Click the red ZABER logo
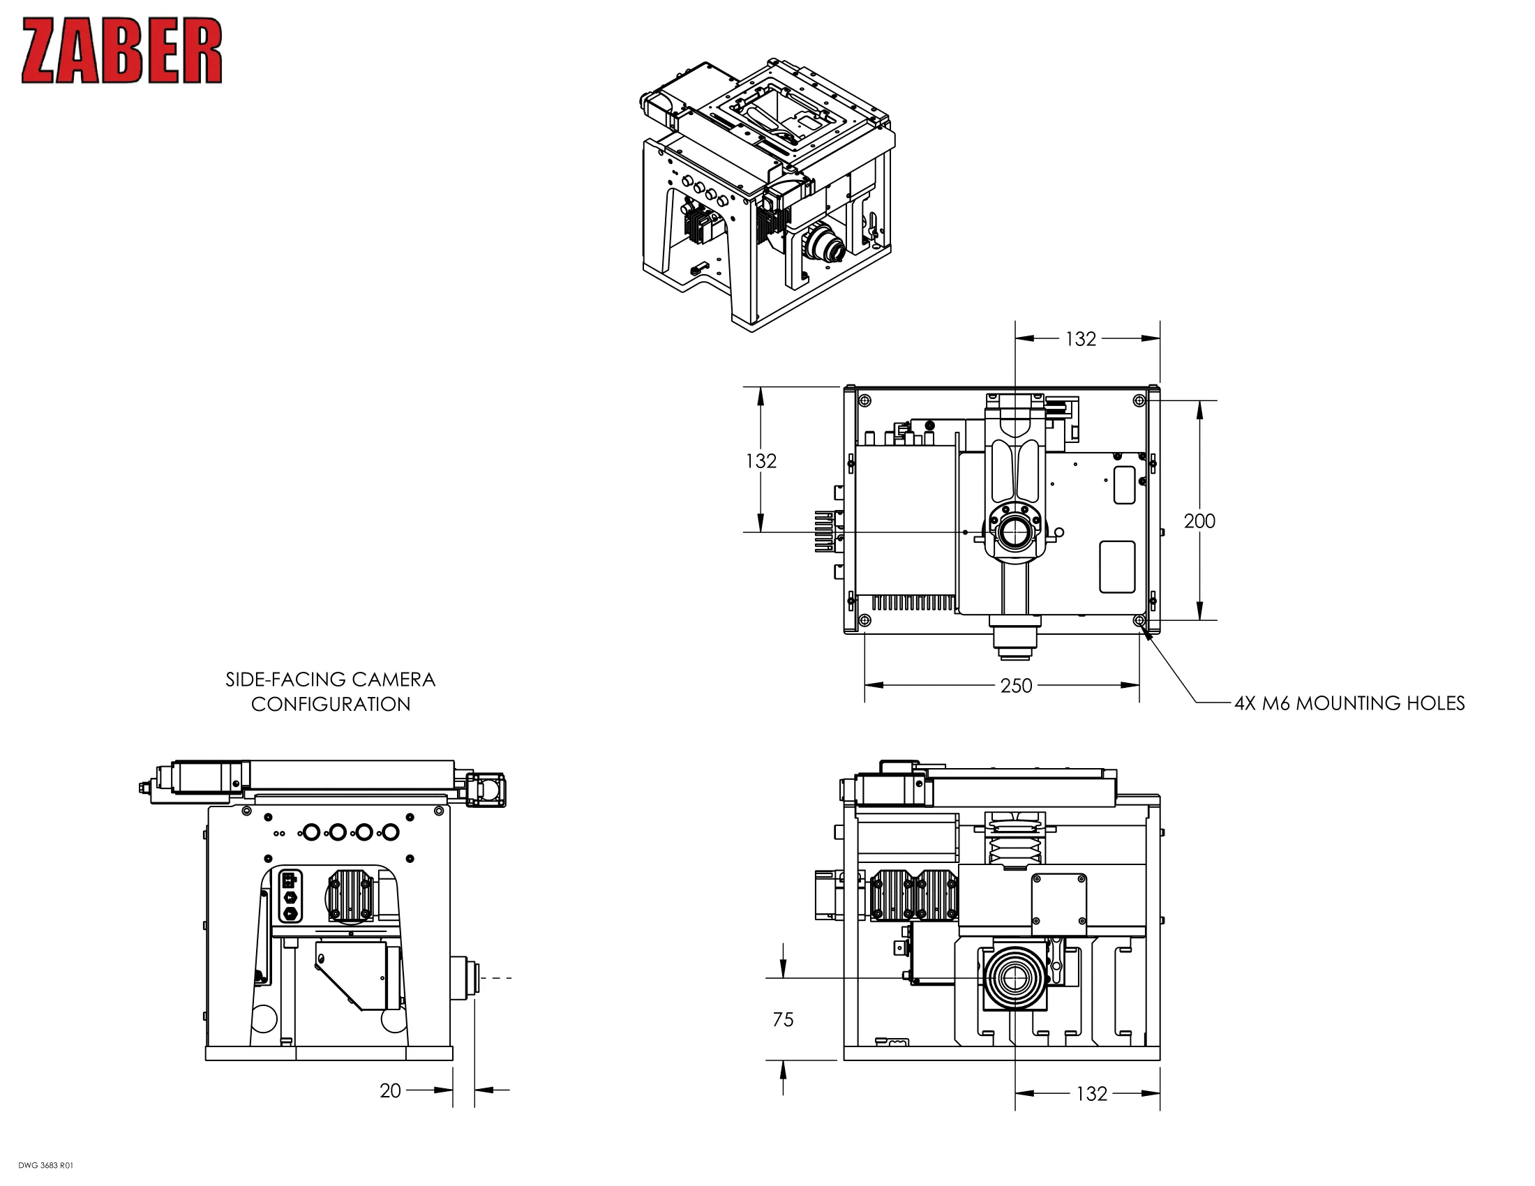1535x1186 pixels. coord(121,51)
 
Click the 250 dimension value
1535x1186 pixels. coord(1016,686)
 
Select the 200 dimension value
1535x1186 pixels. coord(1199,521)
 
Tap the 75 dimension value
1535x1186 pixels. coord(783,1019)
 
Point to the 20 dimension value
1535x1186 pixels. coord(390,1090)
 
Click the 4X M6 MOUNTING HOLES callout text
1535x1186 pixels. coord(1349,703)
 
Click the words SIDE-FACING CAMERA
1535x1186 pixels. coord(330,680)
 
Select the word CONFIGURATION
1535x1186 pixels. coord(330,704)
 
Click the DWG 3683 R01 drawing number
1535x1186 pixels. coord(45,1166)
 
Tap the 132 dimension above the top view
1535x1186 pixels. coord(1080,339)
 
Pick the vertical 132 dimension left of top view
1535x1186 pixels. coord(761,461)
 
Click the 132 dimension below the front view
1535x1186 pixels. coord(1091,1094)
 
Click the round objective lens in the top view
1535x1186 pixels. coord(1014,532)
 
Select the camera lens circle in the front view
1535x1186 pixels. coord(1014,978)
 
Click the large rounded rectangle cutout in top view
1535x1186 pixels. coord(1117,567)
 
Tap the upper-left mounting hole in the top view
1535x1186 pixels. coord(865,401)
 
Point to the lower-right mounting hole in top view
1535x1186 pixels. coord(1139,620)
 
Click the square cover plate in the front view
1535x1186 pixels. coord(1058,901)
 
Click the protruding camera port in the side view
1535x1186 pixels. coord(465,977)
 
